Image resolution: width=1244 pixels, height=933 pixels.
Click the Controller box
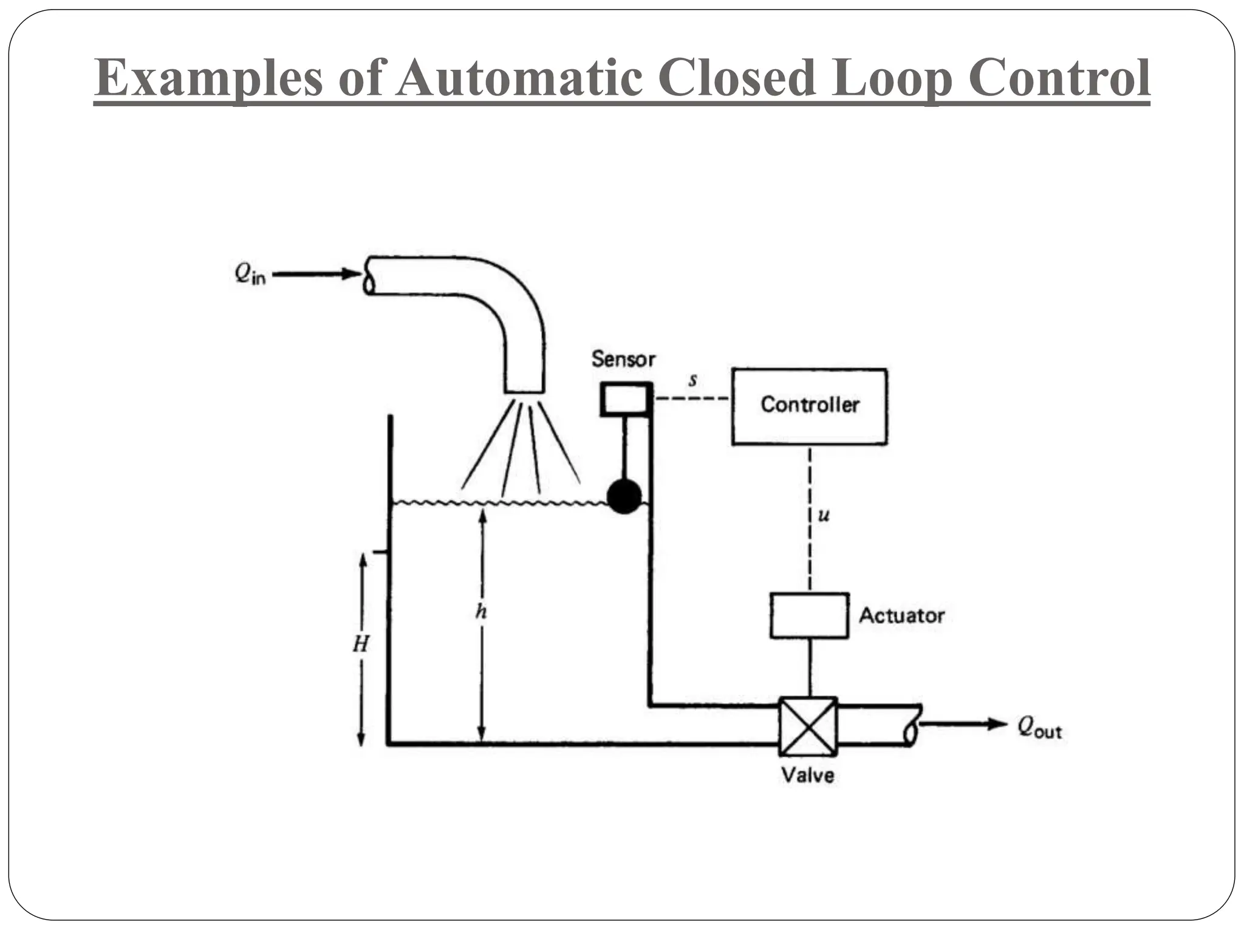click(x=809, y=406)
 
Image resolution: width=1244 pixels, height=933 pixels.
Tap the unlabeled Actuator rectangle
click(x=809, y=615)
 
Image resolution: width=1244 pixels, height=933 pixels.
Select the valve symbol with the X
click(x=808, y=726)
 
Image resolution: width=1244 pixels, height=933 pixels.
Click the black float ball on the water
click(x=624, y=496)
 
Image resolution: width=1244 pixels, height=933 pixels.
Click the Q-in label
click(x=250, y=275)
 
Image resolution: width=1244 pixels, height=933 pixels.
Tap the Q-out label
click(x=1039, y=727)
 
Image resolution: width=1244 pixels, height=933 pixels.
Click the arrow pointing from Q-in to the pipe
click(x=316, y=275)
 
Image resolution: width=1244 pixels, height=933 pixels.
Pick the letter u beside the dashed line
click(x=824, y=516)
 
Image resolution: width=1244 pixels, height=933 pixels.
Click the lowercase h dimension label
click(x=481, y=611)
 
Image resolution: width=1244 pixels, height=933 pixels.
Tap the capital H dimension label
click(x=361, y=644)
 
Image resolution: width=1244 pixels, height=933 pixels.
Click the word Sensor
click(x=624, y=359)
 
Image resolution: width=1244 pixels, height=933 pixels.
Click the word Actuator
click(x=901, y=615)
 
